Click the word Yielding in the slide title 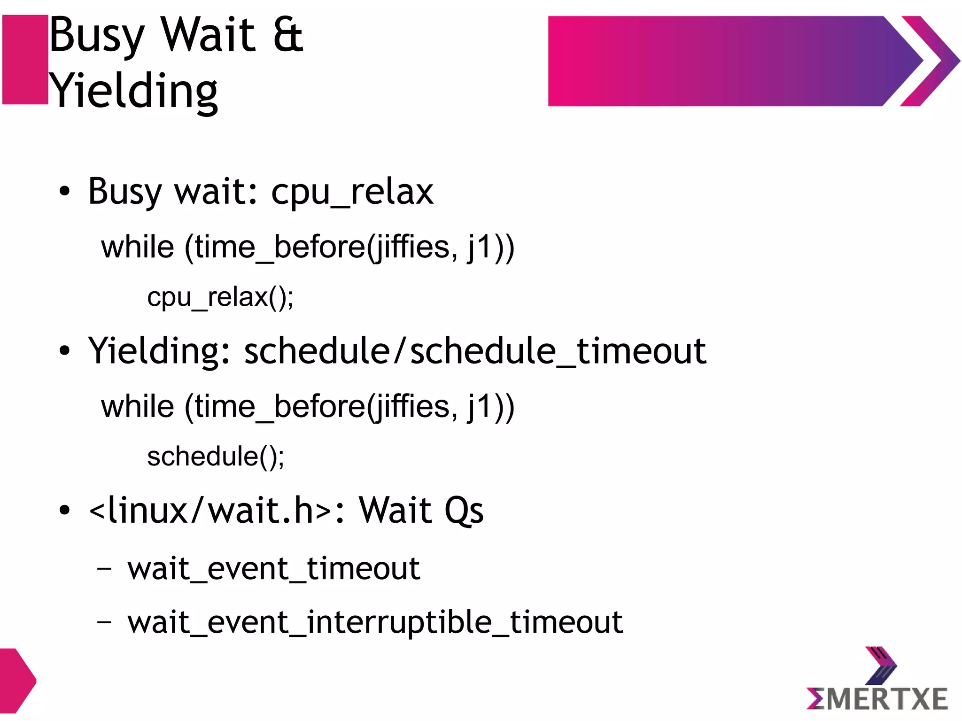click(133, 91)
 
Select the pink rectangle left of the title click(25, 60)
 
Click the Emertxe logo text click(877, 698)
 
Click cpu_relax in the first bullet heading click(352, 192)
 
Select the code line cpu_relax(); click(220, 297)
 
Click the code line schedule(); click(216, 457)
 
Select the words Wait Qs click(421, 510)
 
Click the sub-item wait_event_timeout click(273, 569)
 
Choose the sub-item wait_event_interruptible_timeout click(375, 622)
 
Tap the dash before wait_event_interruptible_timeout click(104, 622)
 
